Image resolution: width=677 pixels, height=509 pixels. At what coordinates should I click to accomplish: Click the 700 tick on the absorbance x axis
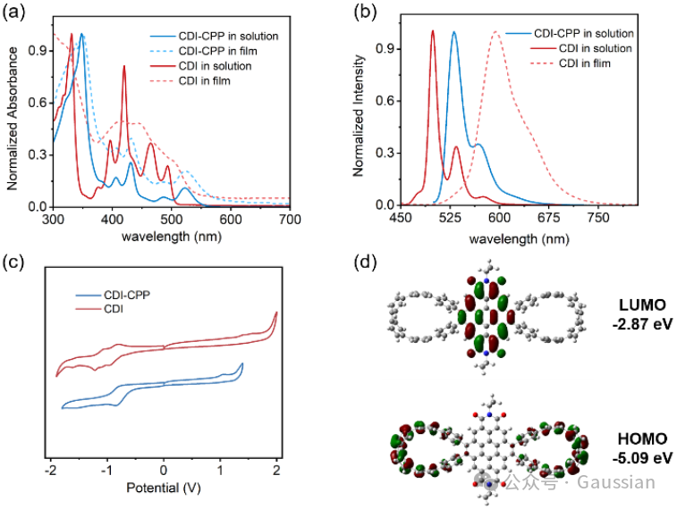[290, 219]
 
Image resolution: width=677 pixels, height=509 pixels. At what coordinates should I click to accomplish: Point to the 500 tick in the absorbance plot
[172, 219]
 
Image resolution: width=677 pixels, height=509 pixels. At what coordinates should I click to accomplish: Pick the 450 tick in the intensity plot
[400, 219]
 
